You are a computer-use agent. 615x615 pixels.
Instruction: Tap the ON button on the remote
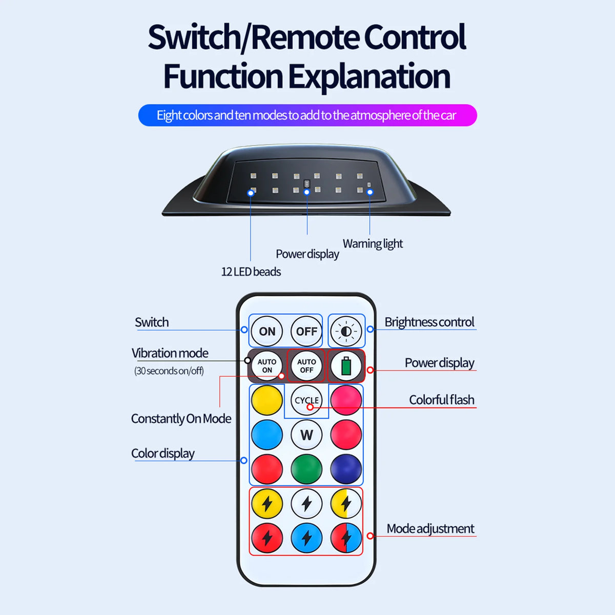click(267, 331)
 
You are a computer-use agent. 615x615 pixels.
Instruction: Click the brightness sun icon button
click(346, 331)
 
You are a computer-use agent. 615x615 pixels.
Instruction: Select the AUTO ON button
click(267, 366)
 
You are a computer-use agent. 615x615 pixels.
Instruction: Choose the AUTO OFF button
click(306, 366)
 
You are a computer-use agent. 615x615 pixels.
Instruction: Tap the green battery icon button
click(346, 366)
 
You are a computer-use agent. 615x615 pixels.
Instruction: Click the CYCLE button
click(306, 400)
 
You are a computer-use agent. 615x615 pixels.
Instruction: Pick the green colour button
click(306, 469)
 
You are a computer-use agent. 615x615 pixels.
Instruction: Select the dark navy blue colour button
click(346, 469)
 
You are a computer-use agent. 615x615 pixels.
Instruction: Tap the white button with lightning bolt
click(306, 504)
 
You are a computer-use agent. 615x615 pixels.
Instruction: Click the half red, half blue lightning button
click(346, 538)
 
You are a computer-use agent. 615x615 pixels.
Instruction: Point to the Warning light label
click(373, 244)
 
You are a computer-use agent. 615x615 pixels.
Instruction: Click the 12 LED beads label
click(251, 272)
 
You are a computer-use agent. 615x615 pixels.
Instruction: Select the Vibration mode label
click(170, 353)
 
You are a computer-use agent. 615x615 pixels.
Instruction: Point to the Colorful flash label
click(442, 400)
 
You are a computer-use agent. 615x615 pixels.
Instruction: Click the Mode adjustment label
click(430, 529)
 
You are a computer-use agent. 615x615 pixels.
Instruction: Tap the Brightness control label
click(429, 322)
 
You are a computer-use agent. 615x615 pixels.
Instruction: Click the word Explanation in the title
click(369, 76)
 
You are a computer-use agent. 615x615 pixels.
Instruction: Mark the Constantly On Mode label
click(181, 419)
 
